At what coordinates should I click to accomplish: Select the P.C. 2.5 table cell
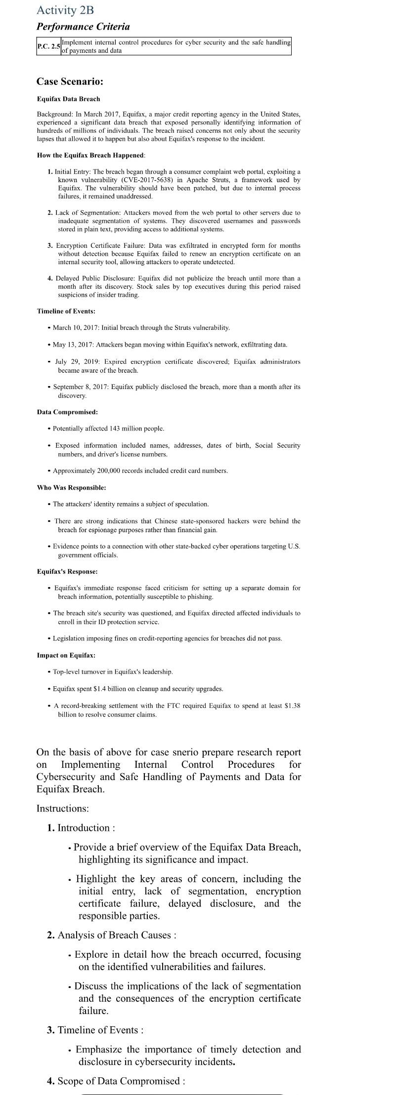[48, 46]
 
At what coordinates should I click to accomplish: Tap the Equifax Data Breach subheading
[68, 99]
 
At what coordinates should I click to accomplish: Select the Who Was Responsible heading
[71, 488]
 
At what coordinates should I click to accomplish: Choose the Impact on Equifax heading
[66, 655]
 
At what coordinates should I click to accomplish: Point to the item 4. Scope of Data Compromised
[116, 1081]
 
